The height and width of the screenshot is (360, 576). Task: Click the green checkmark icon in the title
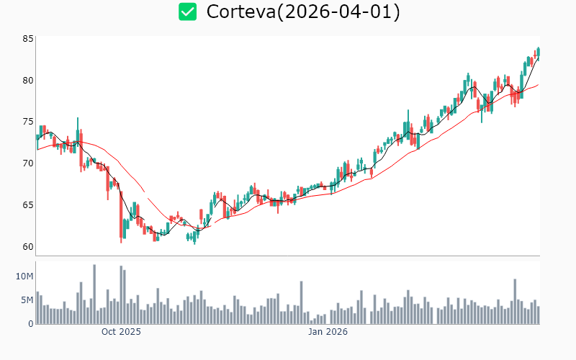(x=188, y=12)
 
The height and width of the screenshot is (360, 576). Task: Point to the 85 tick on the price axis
(x=27, y=39)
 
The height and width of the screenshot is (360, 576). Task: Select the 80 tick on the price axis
(x=27, y=81)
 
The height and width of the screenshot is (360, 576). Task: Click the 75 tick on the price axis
(x=27, y=122)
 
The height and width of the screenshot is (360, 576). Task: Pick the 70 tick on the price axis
(x=27, y=163)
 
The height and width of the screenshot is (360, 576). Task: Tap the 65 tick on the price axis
(x=27, y=205)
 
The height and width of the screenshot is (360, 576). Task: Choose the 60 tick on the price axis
(x=27, y=247)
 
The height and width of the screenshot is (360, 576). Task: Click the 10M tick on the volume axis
(x=24, y=276)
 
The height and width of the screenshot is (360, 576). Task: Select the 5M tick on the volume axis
(x=27, y=300)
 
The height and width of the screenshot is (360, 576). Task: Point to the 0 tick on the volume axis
(x=30, y=324)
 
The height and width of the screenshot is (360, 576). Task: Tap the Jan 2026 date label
(x=328, y=332)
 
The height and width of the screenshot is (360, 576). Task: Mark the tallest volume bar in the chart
(x=94, y=294)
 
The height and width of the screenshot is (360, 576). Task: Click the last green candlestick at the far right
(x=538, y=52)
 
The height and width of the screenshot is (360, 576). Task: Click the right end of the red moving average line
(x=538, y=84)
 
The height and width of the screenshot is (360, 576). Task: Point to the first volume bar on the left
(x=37, y=308)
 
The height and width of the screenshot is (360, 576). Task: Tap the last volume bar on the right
(x=538, y=315)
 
